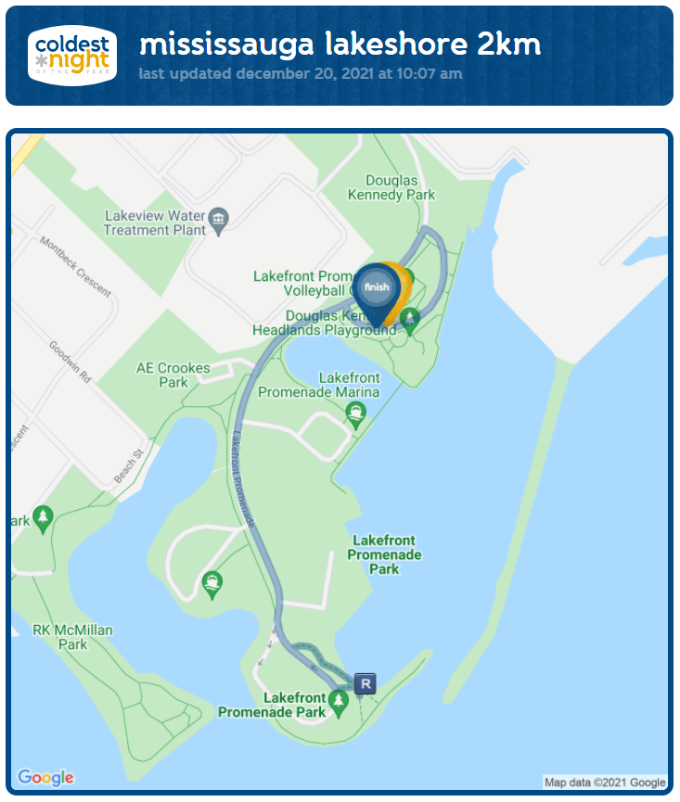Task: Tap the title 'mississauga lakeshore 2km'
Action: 340,44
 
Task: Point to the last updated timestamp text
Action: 301,73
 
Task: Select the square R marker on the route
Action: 366,684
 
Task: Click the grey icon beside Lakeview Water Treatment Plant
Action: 219,221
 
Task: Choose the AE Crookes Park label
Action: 173,375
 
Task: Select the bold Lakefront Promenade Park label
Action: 384,554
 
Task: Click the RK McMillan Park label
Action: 72,637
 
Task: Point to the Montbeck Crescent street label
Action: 75,265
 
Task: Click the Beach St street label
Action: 128,465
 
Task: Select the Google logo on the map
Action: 45,777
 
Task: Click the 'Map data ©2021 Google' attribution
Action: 605,783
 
